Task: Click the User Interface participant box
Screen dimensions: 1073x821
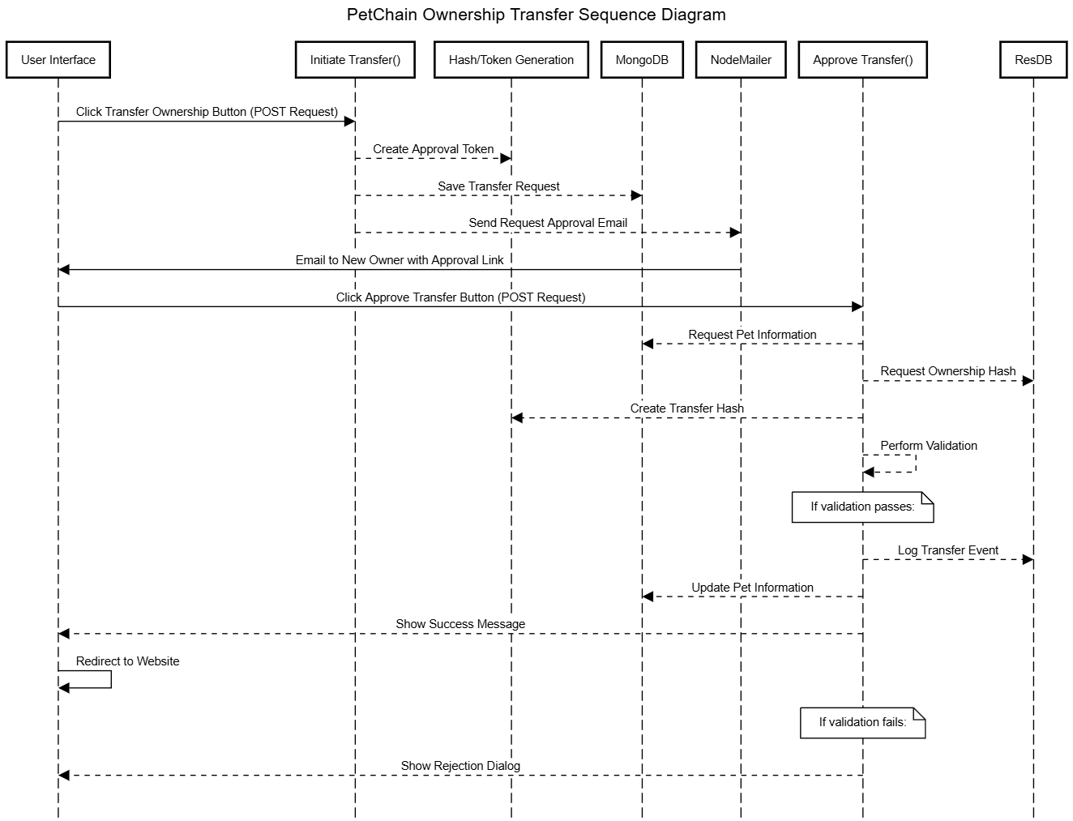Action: tap(58, 60)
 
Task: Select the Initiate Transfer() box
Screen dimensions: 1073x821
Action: tap(356, 60)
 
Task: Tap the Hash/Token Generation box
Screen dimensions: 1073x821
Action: tap(511, 60)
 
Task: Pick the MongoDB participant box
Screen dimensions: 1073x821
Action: tap(642, 60)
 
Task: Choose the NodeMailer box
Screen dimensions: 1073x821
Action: tap(741, 60)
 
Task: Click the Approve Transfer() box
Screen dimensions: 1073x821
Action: tap(863, 60)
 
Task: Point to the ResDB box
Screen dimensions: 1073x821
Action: tap(1033, 60)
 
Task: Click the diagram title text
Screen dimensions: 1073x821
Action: tap(536, 15)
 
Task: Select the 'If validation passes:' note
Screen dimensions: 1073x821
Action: tap(863, 507)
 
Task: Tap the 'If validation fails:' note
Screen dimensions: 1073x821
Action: tap(863, 722)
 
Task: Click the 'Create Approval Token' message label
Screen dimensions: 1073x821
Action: tap(433, 149)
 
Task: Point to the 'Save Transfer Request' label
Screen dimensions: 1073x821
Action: tap(498, 186)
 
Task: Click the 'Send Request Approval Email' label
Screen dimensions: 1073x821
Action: tap(548, 223)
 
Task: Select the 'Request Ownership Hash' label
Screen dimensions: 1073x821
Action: tap(948, 371)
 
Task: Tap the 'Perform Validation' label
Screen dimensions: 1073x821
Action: tap(929, 446)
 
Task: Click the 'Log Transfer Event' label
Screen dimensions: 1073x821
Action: tap(948, 550)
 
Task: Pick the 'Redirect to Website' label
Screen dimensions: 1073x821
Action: tap(127, 661)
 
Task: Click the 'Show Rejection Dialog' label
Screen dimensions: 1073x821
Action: tap(460, 766)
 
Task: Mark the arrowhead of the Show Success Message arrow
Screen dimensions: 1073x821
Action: tap(63, 634)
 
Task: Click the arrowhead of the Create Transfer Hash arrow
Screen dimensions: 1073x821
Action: tap(517, 418)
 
